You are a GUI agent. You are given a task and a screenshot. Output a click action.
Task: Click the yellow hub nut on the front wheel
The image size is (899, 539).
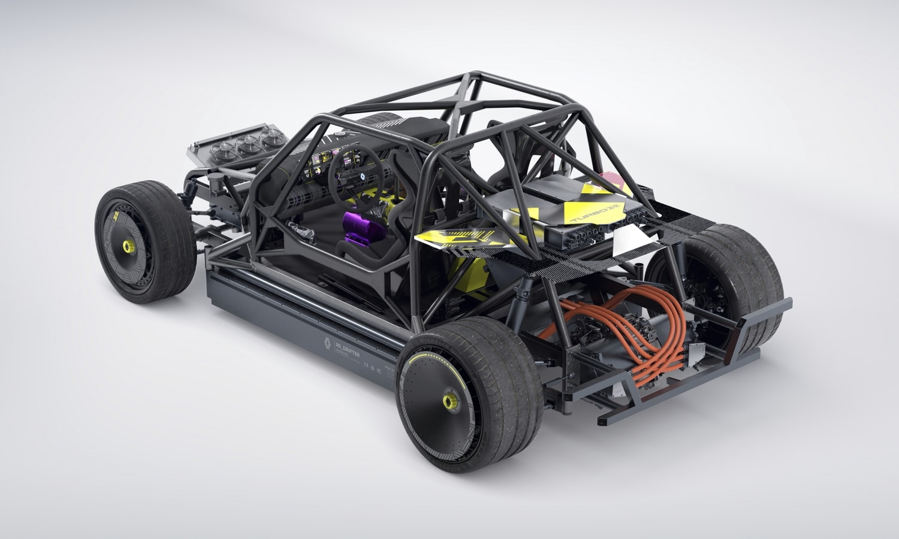[126, 246]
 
